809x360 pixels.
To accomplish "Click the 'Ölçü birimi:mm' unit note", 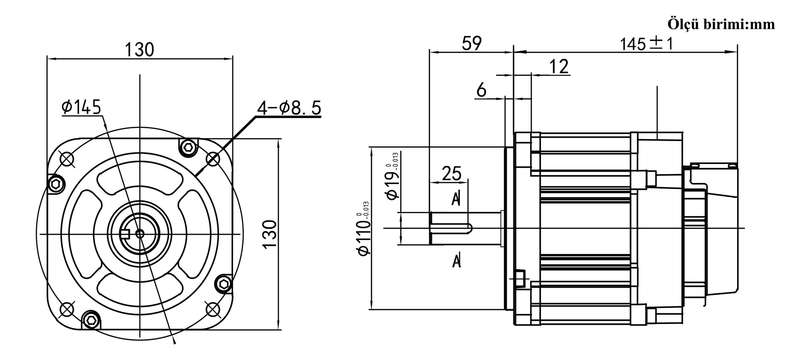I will pyautogui.click(x=721, y=24).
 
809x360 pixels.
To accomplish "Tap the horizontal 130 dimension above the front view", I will pyautogui.click(x=140, y=49).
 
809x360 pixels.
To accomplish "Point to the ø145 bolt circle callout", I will pyautogui.click(x=81, y=107).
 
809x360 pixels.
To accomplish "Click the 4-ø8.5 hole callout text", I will pyautogui.click(x=289, y=108).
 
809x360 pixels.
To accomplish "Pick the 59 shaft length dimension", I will pyautogui.click(x=472, y=43).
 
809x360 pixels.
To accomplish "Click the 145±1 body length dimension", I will pyautogui.click(x=646, y=44).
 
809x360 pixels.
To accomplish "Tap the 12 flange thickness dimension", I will pyautogui.click(x=559, y=67).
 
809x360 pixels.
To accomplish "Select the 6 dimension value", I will pyautogui.click(x=481, y=90).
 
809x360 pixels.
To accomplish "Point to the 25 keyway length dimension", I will pyautogui.click(x=451, y=174).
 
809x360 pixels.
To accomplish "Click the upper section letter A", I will pyautogui.click(x=456, y=198).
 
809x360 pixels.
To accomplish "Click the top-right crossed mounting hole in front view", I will pyautogui.click(x=213, y=159).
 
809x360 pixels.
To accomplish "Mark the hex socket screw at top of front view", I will pyautogui.click(x=189, y=147).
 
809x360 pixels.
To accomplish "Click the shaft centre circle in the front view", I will pyautogui.click(x=140, y=234).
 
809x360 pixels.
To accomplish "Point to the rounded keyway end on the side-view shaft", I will pyautogui.click(x=469, y=228).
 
